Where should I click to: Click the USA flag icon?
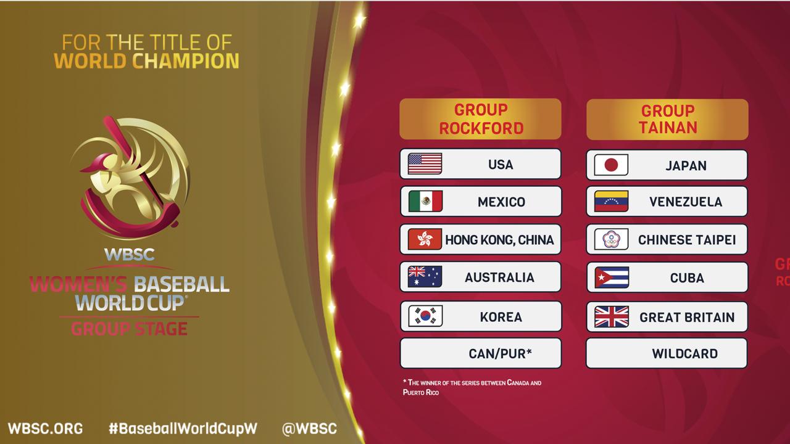coord(425,164)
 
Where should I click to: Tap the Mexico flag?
coord(425,201)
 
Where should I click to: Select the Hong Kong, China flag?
coord(425,239)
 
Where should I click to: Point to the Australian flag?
coord(425,277)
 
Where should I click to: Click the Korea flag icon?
coord(425,316)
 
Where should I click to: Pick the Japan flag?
coord(611,165)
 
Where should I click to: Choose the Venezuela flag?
coord(611,201)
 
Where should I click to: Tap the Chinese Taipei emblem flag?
coord(611,239)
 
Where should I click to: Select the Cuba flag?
coord(612,277)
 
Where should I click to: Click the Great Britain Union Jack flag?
coord(612,317)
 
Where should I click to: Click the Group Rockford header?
coord(480,119)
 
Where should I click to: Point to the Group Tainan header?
coord(667,120)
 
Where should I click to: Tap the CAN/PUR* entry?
coord(481,353)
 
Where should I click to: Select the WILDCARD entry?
coord(667,353)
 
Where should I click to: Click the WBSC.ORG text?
coord(45,429)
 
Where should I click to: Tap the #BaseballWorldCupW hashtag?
coord(183,429)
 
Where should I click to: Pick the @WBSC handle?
coord(309,429)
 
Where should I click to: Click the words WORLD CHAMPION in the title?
coord(146,61)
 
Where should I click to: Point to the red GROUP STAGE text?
coord(130,329)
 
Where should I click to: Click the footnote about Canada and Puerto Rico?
coord(472,387)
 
